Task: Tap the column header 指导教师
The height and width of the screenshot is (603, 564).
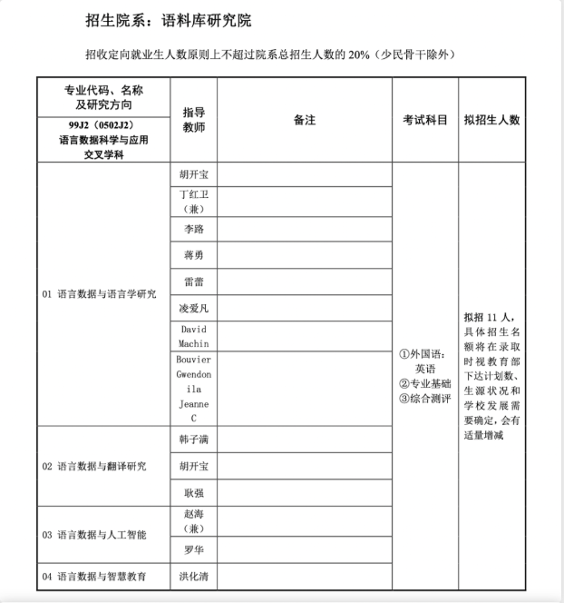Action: tap(193, 119)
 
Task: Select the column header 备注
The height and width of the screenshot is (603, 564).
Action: tap(304, 119)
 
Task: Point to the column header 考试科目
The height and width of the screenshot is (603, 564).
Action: tap(424, 119)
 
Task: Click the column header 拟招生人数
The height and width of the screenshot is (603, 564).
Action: tap(491, 119)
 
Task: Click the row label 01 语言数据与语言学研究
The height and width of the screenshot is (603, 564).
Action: tap(100, 294)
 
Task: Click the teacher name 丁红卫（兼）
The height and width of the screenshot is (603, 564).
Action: tap(193, 201)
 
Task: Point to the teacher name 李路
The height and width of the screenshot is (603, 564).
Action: tap(193, 229)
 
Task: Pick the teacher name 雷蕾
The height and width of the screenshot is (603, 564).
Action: tap(193, 282)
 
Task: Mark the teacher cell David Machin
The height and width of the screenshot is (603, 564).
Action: tap(194, 335)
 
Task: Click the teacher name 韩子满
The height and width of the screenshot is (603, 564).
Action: tap(193, 439)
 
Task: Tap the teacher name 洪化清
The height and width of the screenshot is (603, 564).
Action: tap(193, 576)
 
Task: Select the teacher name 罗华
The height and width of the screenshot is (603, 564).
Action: tap(193, 549)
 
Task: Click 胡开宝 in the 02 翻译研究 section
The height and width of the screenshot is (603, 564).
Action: tap(193, 466)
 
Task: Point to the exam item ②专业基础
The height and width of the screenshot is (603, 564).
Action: tap(425, 384)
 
